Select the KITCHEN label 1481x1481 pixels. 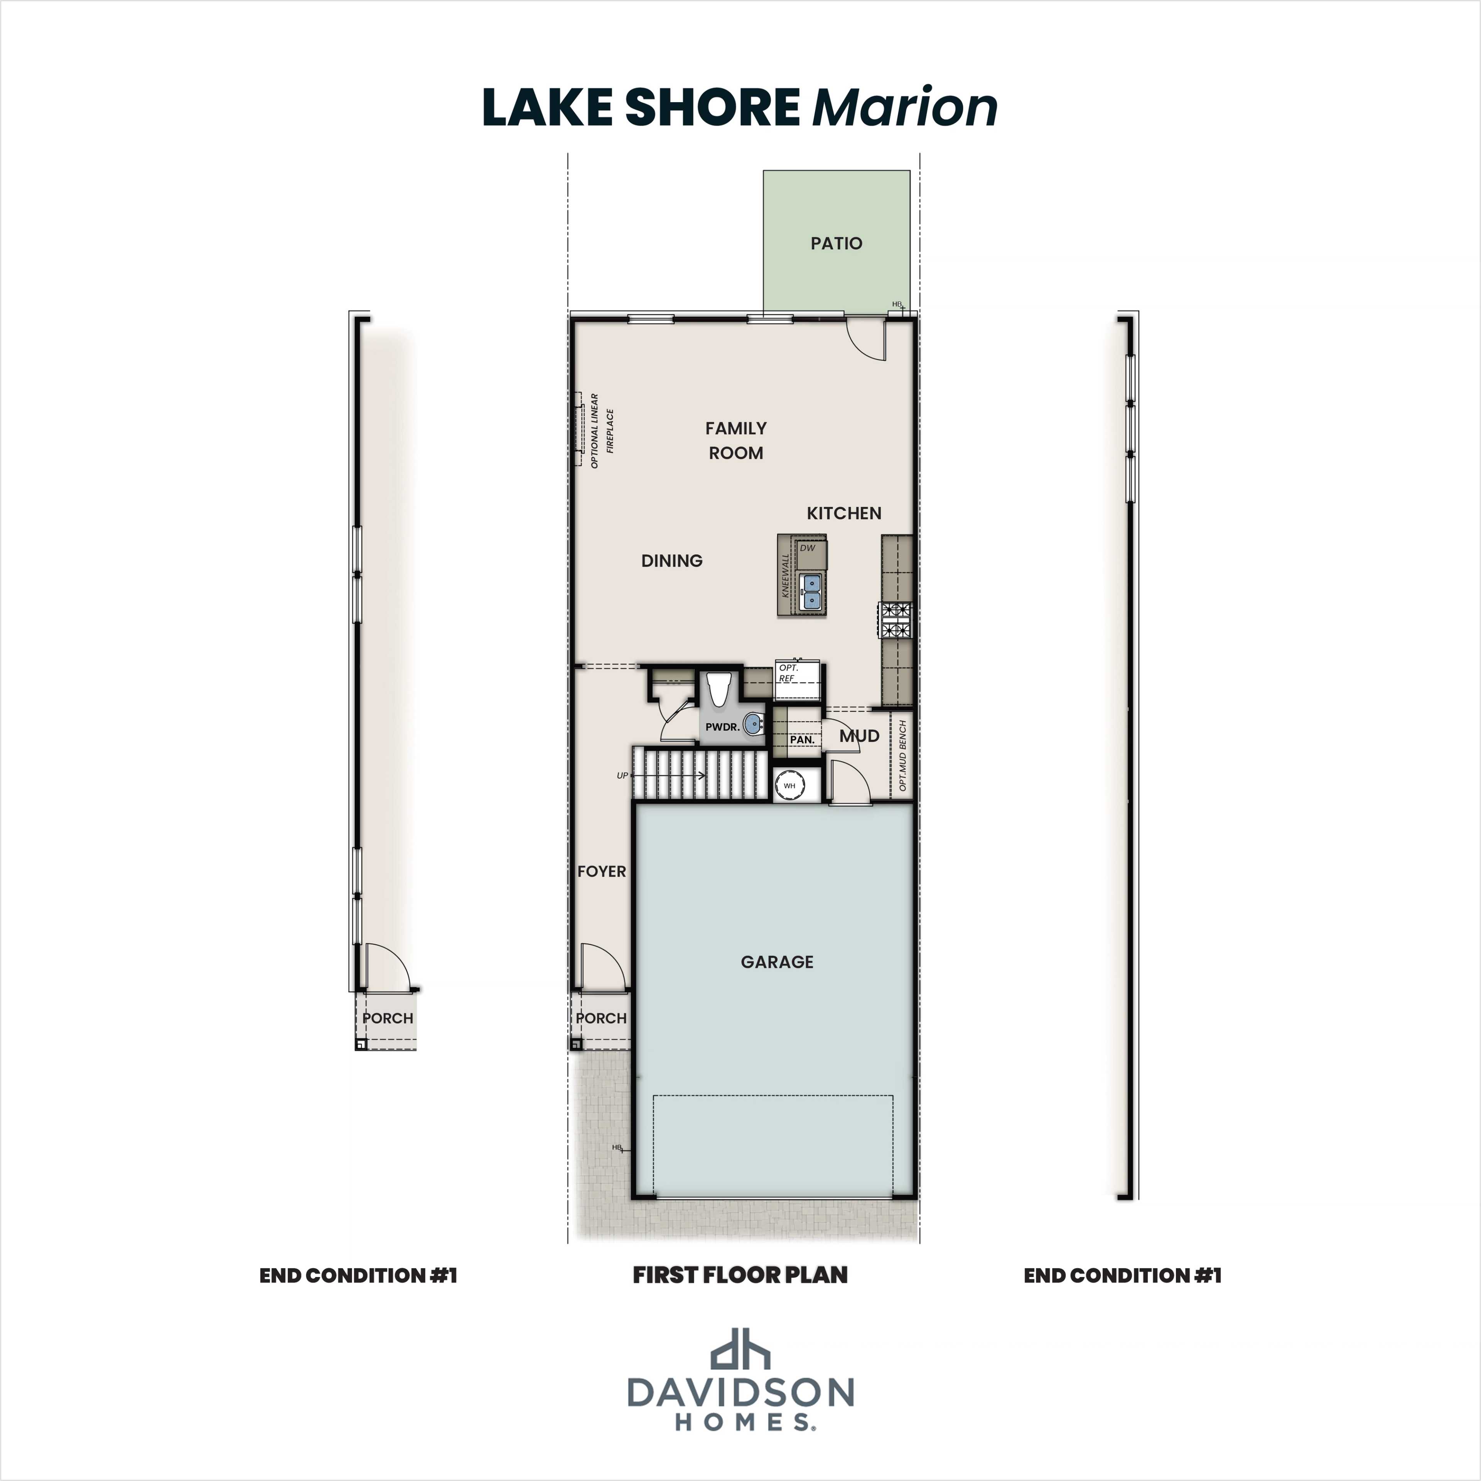[844, 513]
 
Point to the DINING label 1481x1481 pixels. [671, 560]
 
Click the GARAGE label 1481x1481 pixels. [776, 961]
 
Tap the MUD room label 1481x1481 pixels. [859, 736]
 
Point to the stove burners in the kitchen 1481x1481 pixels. [896, 621]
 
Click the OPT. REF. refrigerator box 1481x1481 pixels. [797, 681]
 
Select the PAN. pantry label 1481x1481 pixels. [802, 740]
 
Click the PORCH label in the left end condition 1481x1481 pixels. [388, 1018]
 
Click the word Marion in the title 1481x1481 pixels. [904, 107]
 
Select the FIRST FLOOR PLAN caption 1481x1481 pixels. [740, 1275]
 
